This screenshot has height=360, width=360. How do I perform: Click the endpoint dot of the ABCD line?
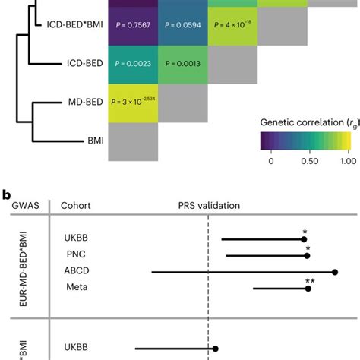[x=335, y=272]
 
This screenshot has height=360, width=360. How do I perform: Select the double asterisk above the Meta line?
[x=310, y=281]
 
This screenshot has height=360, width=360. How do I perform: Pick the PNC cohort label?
[x=75, y=255]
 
